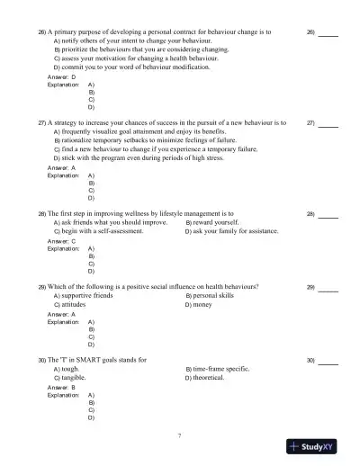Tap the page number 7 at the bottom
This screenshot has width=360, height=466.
[179, 435]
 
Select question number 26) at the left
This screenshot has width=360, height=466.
[41, 31]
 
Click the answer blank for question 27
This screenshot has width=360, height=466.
[328, 122]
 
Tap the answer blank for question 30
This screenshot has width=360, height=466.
[328, 361]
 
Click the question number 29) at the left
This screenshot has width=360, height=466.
[41, 286]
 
